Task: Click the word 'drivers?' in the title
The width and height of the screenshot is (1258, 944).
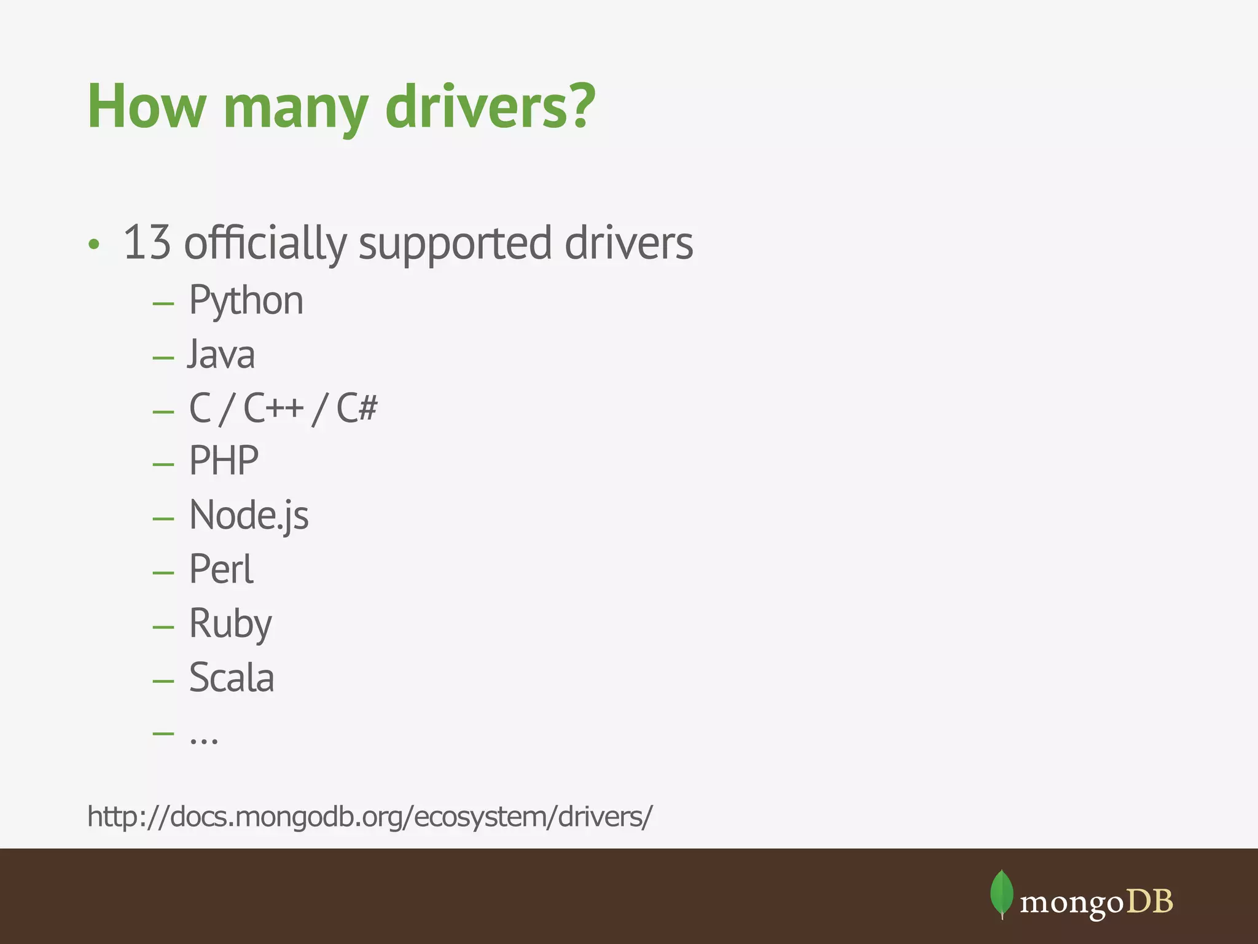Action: [490, 106]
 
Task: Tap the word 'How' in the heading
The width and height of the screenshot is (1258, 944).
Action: [146, 106]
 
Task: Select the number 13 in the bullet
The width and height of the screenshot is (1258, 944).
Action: [147, 243]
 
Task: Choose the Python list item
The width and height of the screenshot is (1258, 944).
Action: [246, 301]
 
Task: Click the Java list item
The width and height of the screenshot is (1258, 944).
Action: [221, 355]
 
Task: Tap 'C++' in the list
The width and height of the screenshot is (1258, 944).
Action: [273, 407]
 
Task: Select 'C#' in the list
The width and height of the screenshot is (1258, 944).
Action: [357, 407]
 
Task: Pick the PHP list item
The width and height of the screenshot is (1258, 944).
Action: [224, 461]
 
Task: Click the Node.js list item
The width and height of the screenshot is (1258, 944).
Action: [249, 515]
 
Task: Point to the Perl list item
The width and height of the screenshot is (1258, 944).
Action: [221, 569]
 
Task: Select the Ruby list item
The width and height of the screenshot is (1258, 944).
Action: [230, 624]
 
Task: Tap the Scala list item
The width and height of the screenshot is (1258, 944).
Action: [232, 678]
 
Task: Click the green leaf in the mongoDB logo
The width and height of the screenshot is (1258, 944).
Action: [1001, 893]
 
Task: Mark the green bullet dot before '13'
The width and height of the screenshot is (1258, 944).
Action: [93, 245]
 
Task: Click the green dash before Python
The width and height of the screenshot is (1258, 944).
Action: [163, 303]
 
